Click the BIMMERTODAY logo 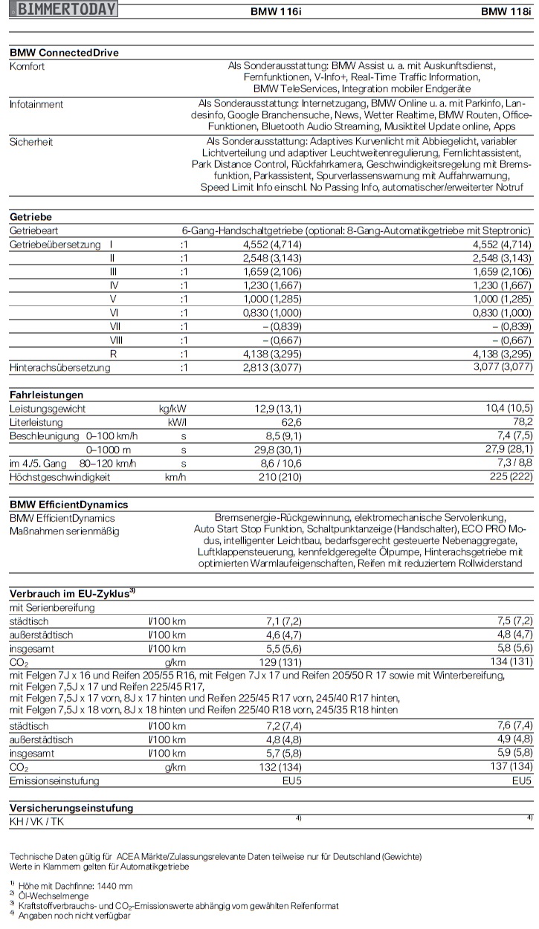click(x=66, y=10)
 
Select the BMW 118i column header click(x=506, y=12)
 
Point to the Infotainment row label click(x=36, y=104)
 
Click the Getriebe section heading click(x=30, y=217)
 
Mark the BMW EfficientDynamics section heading click(x=68, y=505)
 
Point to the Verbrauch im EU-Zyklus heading click(x=72, y=593)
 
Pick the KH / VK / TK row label click(x=36, y=820)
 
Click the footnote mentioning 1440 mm click(x=75, y=886)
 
